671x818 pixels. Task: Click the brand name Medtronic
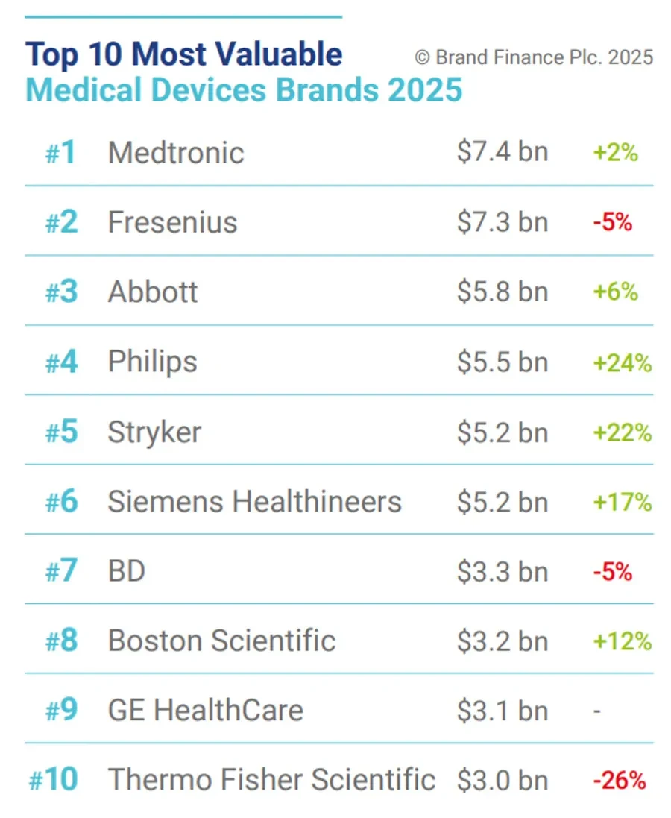[x=176, y=153]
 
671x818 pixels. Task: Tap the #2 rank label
[x=62, y=221]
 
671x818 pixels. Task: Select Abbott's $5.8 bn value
[x=503, y=291]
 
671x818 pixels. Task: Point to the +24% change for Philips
[x=623, y=362]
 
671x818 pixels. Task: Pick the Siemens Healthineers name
[x=255, y=501]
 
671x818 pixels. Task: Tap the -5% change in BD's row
[x=613, y=572]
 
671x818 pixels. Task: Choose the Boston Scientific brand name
[x=221, y=641]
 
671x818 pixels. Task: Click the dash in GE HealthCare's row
[x=597, y=711]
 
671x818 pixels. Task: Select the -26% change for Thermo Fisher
[x=620, y=781]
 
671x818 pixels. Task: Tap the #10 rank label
[x=53, y=779]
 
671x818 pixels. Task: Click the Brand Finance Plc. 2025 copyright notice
[x=534, y=57]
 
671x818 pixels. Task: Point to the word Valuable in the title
[x=279, y=54]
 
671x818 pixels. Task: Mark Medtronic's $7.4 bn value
[x=503, y=152]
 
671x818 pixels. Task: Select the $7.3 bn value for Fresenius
[x=503, y=221]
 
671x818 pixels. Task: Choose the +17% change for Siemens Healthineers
[x=623, y=503]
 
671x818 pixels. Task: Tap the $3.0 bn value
[x=503, y=781]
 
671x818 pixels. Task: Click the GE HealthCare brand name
[x=206, y=711]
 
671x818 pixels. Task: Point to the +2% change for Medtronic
[x=616, y=153]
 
